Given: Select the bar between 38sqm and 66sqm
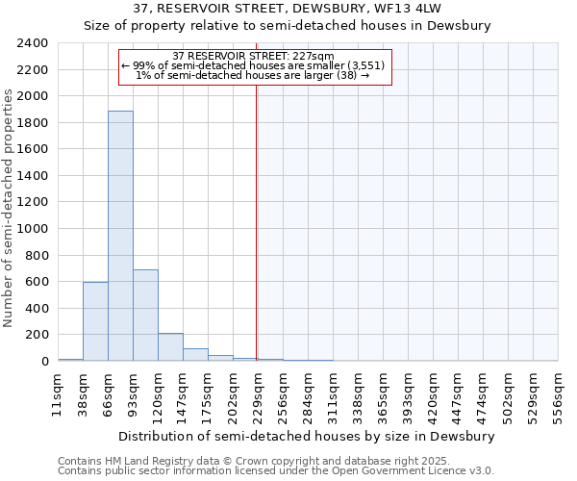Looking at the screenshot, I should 95,321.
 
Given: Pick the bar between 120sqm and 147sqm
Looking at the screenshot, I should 170,346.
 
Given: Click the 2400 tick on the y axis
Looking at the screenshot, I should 33,43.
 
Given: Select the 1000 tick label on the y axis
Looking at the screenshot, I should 33,229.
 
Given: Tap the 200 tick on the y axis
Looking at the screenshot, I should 37,335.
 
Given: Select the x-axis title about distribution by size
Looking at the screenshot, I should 308,436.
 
